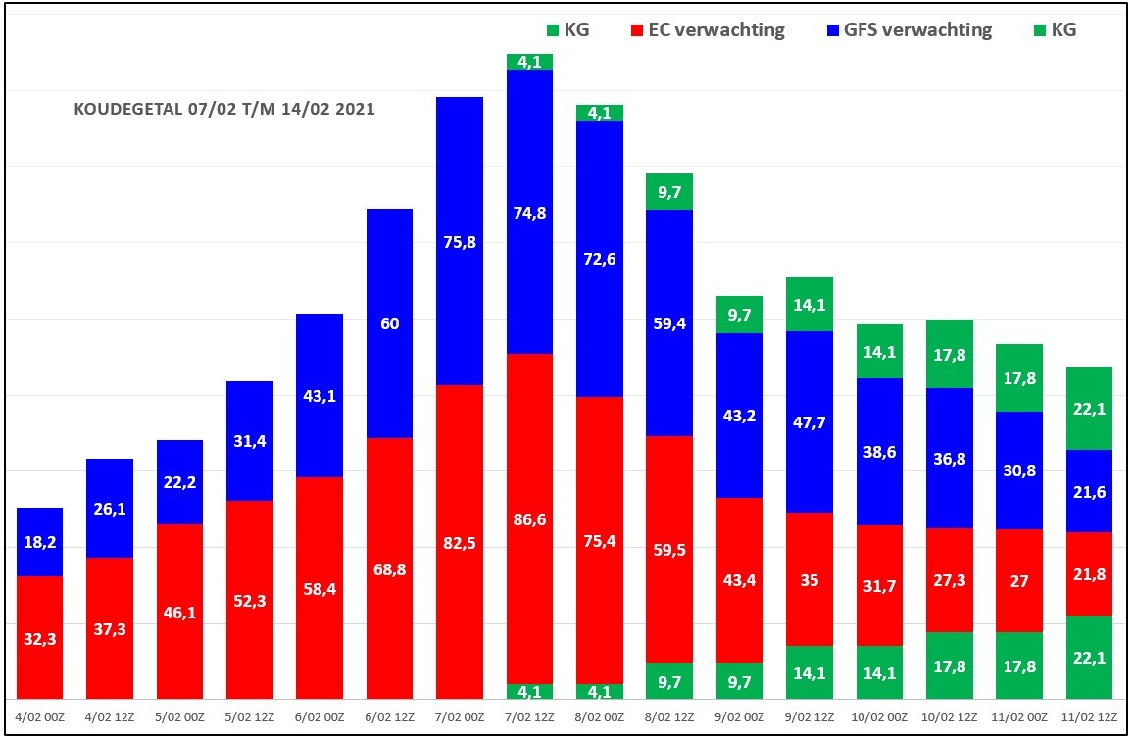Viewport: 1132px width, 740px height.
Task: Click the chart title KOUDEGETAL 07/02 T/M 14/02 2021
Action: pyautogui.click(x=224, y=109)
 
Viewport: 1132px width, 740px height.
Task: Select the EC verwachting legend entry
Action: pyautogui.click(x=708, y=29)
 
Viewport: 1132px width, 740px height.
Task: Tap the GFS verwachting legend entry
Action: pyautogui.click(x=909, y=29)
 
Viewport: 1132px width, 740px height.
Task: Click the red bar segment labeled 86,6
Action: pyautogui.click(x=529, y=518)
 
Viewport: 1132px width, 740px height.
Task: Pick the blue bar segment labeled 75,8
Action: pyautogui.click(x=459, y=241)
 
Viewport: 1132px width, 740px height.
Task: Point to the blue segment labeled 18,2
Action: pyautogui.click(x=40, y=542)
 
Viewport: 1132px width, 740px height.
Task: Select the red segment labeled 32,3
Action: pyautogui.click(x=40, y=637)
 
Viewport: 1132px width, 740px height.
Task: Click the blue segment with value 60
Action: pyautogui.click(x=389, y=323)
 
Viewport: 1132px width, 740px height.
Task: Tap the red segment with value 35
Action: pyautogui.click(x=810, y=579)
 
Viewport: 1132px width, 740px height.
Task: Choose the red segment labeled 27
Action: pyautogui.click(x=1018, y=580)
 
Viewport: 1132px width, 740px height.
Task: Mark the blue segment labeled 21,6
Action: pyautogui.click(x=1089, y=491)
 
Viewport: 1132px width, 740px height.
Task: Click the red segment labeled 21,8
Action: pyautogui.click(x=1089, y=574)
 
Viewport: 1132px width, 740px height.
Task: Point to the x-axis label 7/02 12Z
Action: pyautogui.click(x=529, y=717)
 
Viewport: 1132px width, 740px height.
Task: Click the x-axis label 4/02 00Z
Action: pyautogui.click(x=40, y=717)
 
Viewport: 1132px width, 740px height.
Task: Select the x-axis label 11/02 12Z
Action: pyautogui.click(x=1089, y=717)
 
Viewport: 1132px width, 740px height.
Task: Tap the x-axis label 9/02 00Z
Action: pyautogui.click(x=739, y=717)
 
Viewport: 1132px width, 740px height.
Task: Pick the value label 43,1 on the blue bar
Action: pyautogui.click(x=320, y=396)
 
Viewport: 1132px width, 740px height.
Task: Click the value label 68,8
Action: pyautogui.click(x=389, y=569)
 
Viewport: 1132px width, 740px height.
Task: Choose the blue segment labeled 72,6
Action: pyautogui.click(x=599, y=259)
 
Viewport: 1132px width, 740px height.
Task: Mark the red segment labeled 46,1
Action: pyautogui.click(x=179, y=612)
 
